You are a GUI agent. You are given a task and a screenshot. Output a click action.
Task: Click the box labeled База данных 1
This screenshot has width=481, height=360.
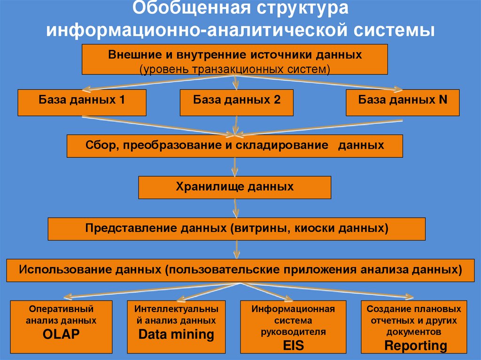[82, 103]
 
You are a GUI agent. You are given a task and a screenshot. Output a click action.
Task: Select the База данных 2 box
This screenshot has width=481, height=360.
[236, 103]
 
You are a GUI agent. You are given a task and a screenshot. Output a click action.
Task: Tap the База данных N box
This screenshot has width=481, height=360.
[403, 103]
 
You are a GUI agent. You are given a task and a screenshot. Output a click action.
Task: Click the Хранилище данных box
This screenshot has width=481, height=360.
[234, 187]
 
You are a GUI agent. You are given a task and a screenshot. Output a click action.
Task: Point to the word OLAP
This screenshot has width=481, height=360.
[61, 334]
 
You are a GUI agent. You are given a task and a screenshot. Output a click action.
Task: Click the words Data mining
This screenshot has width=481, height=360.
[176, 335]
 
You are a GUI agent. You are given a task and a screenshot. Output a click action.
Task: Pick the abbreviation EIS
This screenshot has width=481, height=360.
[293, 346]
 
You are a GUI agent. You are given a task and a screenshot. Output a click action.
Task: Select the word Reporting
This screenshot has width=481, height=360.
[414, 346]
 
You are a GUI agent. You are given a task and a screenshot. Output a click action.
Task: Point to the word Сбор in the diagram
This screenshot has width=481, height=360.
[97, 145]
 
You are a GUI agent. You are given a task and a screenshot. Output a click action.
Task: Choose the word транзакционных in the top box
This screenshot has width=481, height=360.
[237, 69]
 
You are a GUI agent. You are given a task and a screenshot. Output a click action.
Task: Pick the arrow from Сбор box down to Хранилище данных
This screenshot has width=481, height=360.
[235, 167]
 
